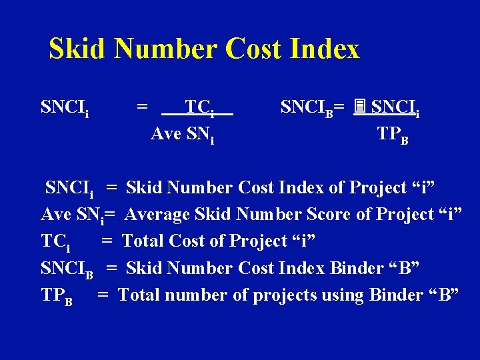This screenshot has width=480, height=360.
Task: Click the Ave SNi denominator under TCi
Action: [183, 135]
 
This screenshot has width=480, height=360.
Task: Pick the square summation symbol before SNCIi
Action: [359, 106]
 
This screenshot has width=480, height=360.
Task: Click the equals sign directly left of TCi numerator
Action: [142, 107]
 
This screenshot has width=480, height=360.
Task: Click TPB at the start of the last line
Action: [57, 295]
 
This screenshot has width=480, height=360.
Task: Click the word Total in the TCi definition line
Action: [144, 241]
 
